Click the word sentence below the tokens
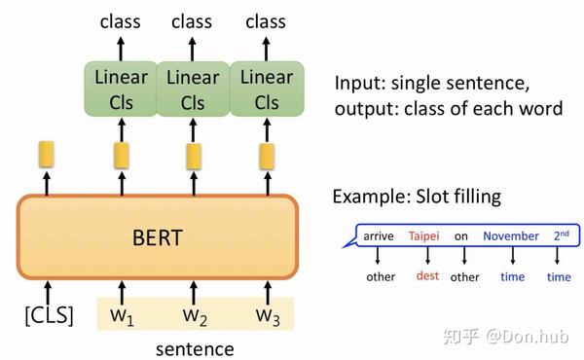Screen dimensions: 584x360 point(195,347)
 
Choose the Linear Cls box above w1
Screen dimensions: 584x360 point(122,89)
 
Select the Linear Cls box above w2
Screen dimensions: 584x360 point(194,89)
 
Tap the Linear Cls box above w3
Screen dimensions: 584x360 point(266,89)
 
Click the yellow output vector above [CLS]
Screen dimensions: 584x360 point(46,154)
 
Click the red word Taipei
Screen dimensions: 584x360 point(424,235)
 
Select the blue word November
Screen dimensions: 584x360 point(511,235)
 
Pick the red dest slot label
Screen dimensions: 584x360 point(427,276)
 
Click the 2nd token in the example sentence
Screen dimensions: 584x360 point(562,234)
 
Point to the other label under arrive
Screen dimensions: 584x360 point(381,277)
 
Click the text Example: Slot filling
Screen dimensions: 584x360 point(417,197)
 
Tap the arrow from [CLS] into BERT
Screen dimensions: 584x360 point(46,289)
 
